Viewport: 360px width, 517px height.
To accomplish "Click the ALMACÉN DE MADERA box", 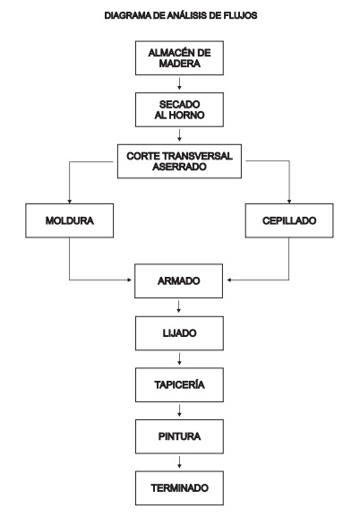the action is tap(179, 58).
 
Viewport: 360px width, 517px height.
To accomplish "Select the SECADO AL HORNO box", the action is tap(179, 110).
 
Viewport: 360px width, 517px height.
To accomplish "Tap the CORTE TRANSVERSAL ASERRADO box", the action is tap(179, 161).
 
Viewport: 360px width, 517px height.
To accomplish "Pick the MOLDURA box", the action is tap(70, 220).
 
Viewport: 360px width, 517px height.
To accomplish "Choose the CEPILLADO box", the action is tap(289, 220).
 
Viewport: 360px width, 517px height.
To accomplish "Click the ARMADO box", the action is tap(179, 281).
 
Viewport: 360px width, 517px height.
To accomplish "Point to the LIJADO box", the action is tap(179, 333).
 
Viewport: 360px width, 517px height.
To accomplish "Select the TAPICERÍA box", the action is tap(179, 384).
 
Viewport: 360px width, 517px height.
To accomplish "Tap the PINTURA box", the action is tap(179, 436).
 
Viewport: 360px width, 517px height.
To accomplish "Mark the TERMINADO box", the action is tap(179, 488).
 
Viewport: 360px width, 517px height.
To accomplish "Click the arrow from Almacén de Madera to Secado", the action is tap(179, 83).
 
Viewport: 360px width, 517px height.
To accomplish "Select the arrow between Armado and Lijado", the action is tap(179, 306).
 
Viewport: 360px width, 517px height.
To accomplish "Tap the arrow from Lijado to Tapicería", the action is tap(179, 358).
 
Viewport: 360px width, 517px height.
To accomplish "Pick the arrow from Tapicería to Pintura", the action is tap(179, 410).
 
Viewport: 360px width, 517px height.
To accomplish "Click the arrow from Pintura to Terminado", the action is tap(179, 462).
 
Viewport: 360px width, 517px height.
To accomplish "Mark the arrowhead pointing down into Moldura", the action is tap(69, 201).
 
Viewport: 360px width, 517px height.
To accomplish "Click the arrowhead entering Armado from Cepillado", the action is tap(229, 280).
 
